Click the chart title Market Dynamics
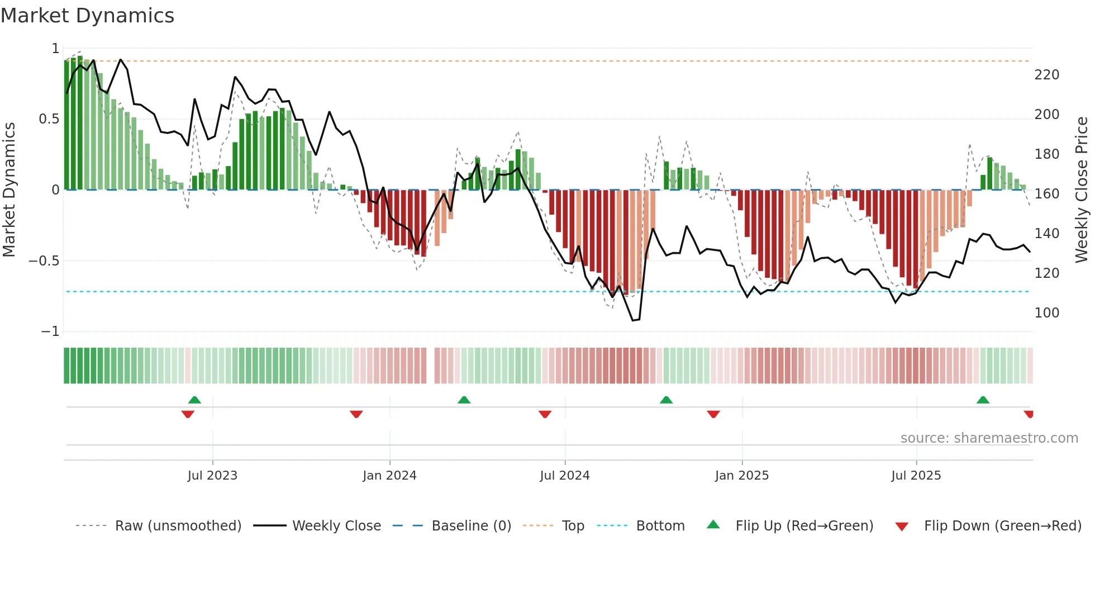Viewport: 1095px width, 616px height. (88, 16)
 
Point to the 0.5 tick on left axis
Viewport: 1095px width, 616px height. (49, 119)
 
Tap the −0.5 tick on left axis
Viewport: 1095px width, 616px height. (44, 261)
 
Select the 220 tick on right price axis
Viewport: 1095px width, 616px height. (1046, 75)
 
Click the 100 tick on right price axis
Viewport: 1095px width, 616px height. (1046, 313)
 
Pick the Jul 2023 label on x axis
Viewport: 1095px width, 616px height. (212, 476)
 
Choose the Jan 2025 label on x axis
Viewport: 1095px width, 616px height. (741, 476)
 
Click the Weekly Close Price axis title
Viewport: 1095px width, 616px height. (1082, 190)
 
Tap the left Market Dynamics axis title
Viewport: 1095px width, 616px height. (9, 190)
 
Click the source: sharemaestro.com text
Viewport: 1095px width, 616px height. (989, 438)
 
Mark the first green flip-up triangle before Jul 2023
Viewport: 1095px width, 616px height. (194, 400)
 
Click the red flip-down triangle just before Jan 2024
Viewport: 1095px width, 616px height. (356, 414)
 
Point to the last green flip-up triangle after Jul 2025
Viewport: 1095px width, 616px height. (983, 400)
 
